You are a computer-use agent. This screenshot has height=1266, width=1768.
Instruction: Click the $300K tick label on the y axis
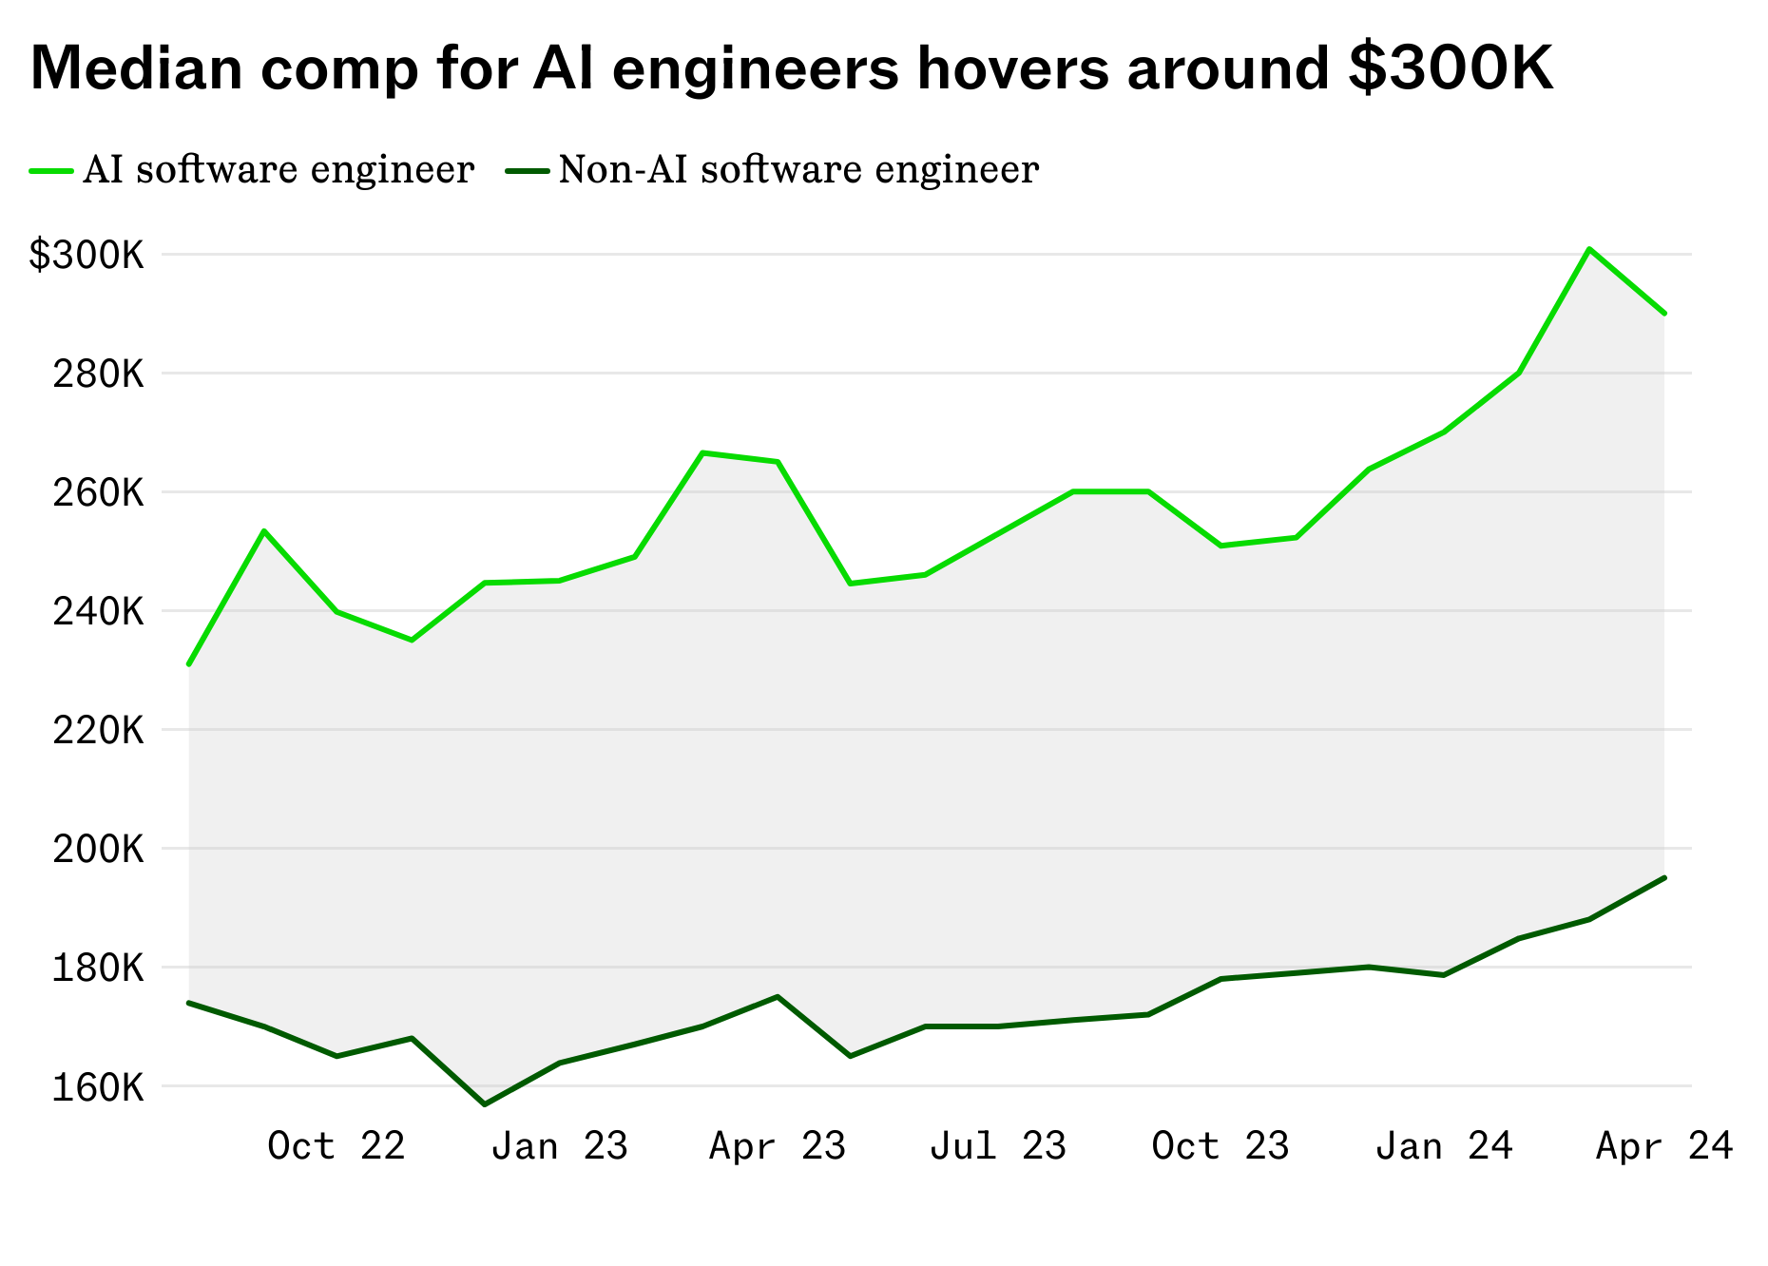pyautogui.click(x=86, y=255)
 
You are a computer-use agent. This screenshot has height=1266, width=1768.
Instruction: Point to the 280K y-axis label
pyautogui.click(x=98, y=374)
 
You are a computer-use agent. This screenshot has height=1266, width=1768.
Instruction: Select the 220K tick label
pyautogui.click(x=98, y=730)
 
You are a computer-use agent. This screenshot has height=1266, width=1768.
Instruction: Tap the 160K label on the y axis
pyautogui.click(x=98, y=1086)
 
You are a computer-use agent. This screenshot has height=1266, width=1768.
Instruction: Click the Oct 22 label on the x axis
pyautogui.click(x=336, y=1145)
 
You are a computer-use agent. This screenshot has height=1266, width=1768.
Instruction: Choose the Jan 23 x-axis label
pyautogui.click(x=559, y=1145)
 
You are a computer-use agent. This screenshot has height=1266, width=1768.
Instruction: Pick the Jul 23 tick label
pyautogui.click(x=997, y=1145)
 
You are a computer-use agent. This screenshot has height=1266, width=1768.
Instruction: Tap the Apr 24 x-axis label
pyautogui.click(x=1663, y=1145)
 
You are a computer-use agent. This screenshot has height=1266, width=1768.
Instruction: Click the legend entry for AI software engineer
pyautogui.click(x=278, y=170)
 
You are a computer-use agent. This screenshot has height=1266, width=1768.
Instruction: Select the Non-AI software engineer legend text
pyautogui.click(x=798, y=170)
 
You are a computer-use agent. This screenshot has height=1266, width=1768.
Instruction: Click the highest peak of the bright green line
pyautogui.click(x=1589, y=249)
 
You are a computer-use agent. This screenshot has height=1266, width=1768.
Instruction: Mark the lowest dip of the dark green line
pyautogui.click(x=485, y=1104)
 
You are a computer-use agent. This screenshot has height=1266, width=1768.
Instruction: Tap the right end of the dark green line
pyautogui.click(x=1664, y=877)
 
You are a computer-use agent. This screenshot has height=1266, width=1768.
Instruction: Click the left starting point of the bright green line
pyautogui.click(x=189, y=664)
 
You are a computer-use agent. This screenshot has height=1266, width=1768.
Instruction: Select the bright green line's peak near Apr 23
pyautogui.click(x=702, y=452)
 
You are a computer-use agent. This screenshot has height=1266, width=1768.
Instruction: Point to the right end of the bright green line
pyautogui.click(x=1664, y=313)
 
